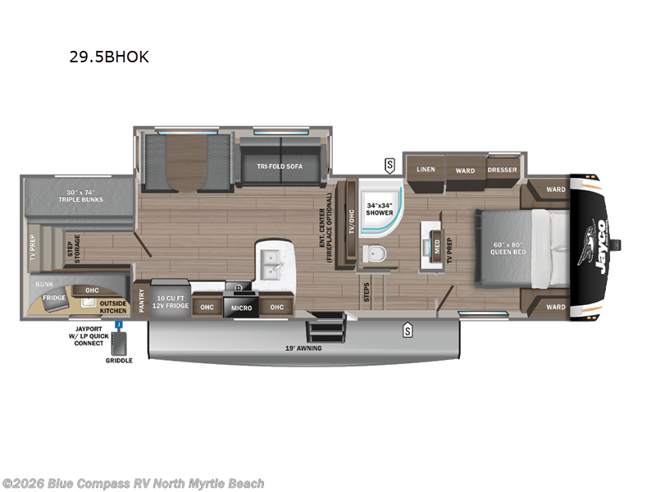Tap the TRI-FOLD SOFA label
coord(280,166)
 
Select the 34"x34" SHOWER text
coord(379,208)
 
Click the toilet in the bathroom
coord(376,255)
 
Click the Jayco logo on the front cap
coord(594,244)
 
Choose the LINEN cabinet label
coord(426,170)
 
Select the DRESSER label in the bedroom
coord(502,170)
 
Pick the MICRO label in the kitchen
coord(240,307)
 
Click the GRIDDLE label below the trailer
coord(118,360)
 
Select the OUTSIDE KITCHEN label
coord(113,307)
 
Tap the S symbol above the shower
coord(389,165)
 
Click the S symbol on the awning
coord(406,331)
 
